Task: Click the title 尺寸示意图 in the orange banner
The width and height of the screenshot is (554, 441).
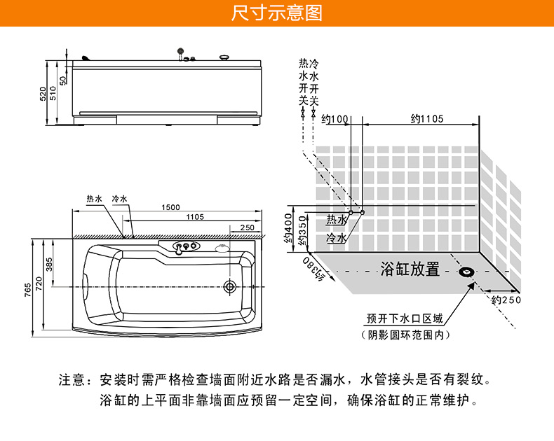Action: (x=276, y=13)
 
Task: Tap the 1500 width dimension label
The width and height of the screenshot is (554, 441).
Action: (x=170, y=207)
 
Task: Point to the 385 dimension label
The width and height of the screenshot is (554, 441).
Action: (x=49, y=264)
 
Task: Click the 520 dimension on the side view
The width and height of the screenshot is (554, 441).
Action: (x=43, y=93)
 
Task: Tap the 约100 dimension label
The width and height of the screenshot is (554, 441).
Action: (x=335, y=119)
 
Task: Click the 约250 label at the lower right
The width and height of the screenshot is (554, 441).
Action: (x=506, y=300)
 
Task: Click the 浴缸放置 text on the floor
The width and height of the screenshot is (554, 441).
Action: (x=410, y=269)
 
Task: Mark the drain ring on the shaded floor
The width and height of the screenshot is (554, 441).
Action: (x=466, y=272)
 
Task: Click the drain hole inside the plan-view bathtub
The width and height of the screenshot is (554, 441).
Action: (x=229, y=286)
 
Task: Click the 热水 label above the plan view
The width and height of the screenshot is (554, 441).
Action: (x=94, y=199)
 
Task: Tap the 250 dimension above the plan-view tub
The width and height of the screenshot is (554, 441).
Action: (x=247, y=227)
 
